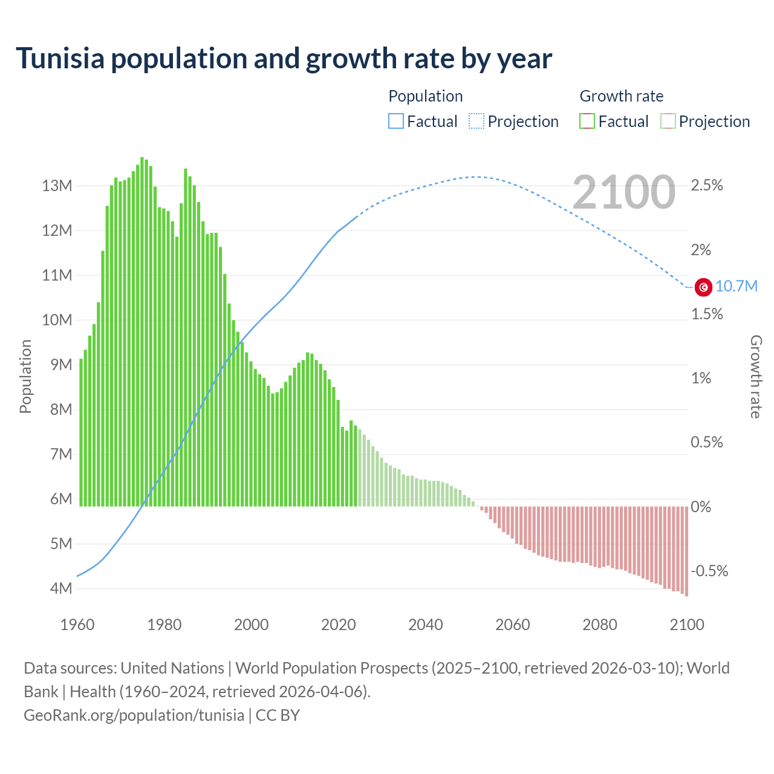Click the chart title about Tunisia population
284,59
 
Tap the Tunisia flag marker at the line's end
703,287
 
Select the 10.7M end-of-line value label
737,287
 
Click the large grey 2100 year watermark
623,192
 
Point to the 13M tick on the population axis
57,186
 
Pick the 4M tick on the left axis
60,588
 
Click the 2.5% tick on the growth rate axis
707,186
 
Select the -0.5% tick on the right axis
709,571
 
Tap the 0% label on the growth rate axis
701,507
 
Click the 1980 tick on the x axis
164,625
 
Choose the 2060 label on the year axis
513,625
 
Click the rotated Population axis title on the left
25,376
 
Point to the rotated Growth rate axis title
756,377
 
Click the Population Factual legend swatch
396,122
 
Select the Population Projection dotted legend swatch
476,122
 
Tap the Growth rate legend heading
621,96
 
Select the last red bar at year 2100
686,551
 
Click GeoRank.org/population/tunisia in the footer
134,715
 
